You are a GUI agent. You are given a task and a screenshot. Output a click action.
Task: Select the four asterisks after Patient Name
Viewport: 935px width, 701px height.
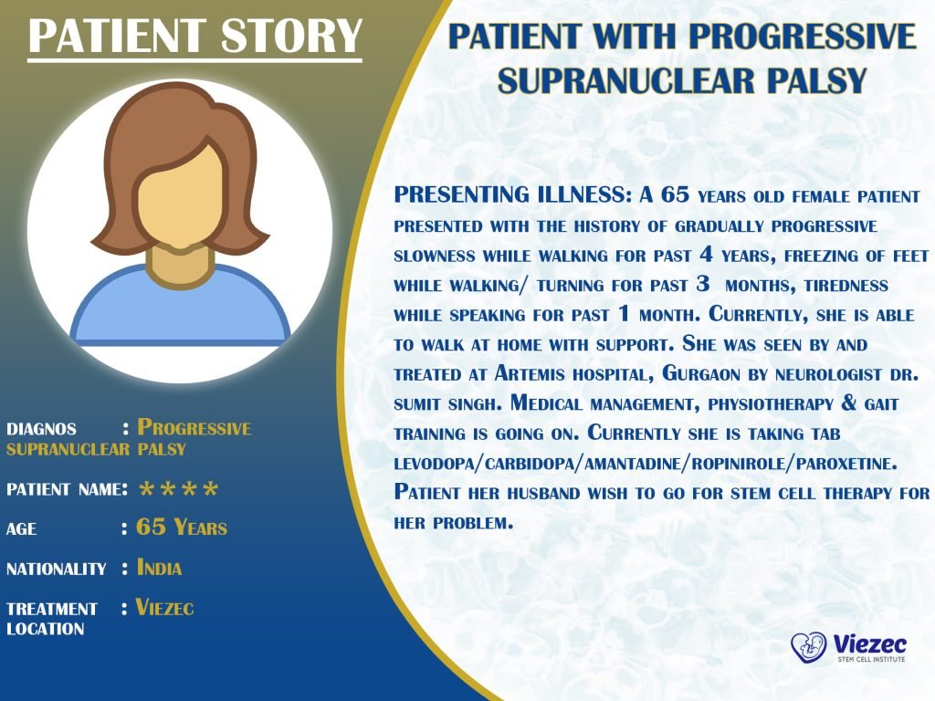(x=178, y=491)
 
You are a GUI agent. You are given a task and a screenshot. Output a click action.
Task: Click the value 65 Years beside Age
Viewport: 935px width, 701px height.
(x=182, y=528)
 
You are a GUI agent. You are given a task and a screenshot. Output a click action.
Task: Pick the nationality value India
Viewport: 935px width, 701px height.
(x=160, y=568)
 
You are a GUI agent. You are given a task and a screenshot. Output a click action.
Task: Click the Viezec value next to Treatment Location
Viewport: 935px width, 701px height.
(x=165, y=607)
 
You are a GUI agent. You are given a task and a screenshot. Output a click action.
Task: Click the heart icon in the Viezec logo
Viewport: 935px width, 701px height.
(x=808, y=646)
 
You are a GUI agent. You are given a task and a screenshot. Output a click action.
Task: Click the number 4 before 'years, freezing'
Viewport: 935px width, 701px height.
(x=706, y=255)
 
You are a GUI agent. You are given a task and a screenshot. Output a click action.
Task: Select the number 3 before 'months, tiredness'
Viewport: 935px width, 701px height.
(x=702, y=285)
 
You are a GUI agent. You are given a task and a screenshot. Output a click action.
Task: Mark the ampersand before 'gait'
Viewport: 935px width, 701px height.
(x=859, y=403)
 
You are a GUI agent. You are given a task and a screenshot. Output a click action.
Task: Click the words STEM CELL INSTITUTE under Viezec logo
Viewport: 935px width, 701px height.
(x=870, y=658)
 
